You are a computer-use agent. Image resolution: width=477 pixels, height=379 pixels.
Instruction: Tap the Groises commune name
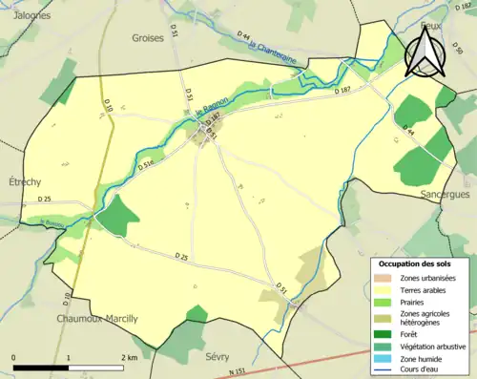(149, 39)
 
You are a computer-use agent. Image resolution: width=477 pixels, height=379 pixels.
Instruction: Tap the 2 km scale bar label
(128, 357)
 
